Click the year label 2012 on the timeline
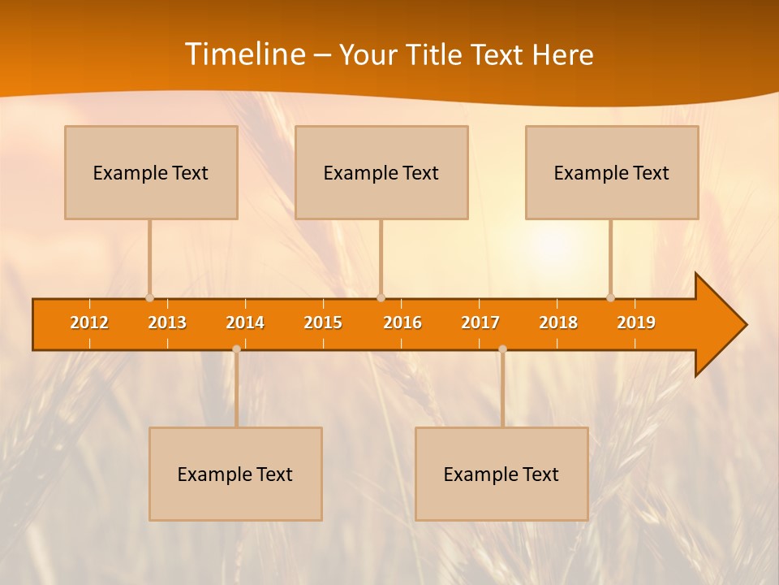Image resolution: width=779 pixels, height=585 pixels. coord(89,323)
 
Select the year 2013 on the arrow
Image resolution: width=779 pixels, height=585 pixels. coord(167,323)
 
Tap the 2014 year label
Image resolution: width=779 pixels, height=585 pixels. coord(245,323)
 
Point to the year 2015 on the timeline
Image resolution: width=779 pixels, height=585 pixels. coord(323,323)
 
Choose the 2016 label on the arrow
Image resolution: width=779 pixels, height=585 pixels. coord(402,323)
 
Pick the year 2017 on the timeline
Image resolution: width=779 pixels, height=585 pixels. coord(480,323)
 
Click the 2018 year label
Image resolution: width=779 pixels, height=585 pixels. coord(558,323)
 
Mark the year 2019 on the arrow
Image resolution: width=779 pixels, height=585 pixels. coord(636,323)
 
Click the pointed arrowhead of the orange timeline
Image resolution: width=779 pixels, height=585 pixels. coord(722,324)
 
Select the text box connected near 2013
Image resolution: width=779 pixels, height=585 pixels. coord(151,172)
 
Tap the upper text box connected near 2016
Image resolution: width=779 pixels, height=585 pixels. coord(381,172)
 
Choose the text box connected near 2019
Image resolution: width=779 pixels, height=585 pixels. coord(612,172)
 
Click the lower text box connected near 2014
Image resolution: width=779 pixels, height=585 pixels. coord(235,474)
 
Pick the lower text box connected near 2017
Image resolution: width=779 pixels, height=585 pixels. coord(501,474)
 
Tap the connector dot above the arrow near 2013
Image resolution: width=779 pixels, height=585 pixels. coord(149,298)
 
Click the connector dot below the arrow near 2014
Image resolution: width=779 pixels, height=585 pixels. coord(236,349)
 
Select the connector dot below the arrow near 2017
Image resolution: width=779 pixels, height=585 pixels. coord(502,349)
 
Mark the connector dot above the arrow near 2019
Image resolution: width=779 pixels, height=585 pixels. coord(610,298)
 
